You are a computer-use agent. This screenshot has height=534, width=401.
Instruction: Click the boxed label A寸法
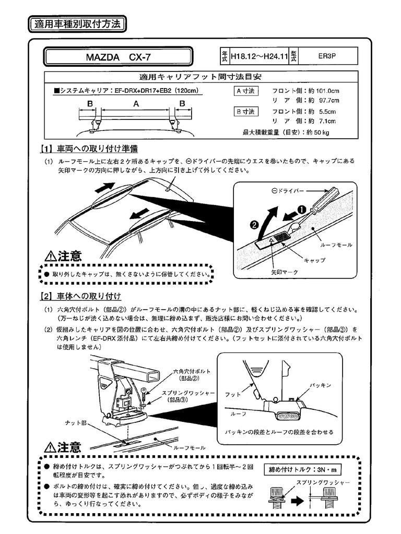coord(245,91)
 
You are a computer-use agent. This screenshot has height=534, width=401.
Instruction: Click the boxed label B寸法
coord(245,112)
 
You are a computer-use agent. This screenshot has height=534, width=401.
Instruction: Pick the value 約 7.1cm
coord(322,122)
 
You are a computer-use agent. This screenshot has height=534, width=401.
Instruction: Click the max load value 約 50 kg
coord(318,132)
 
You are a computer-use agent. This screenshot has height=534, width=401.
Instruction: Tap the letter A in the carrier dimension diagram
coord(136,104)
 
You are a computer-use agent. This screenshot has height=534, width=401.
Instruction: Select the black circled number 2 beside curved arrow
coord(254,225)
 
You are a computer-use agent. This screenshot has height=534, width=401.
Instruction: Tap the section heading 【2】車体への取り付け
coord(81,297)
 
